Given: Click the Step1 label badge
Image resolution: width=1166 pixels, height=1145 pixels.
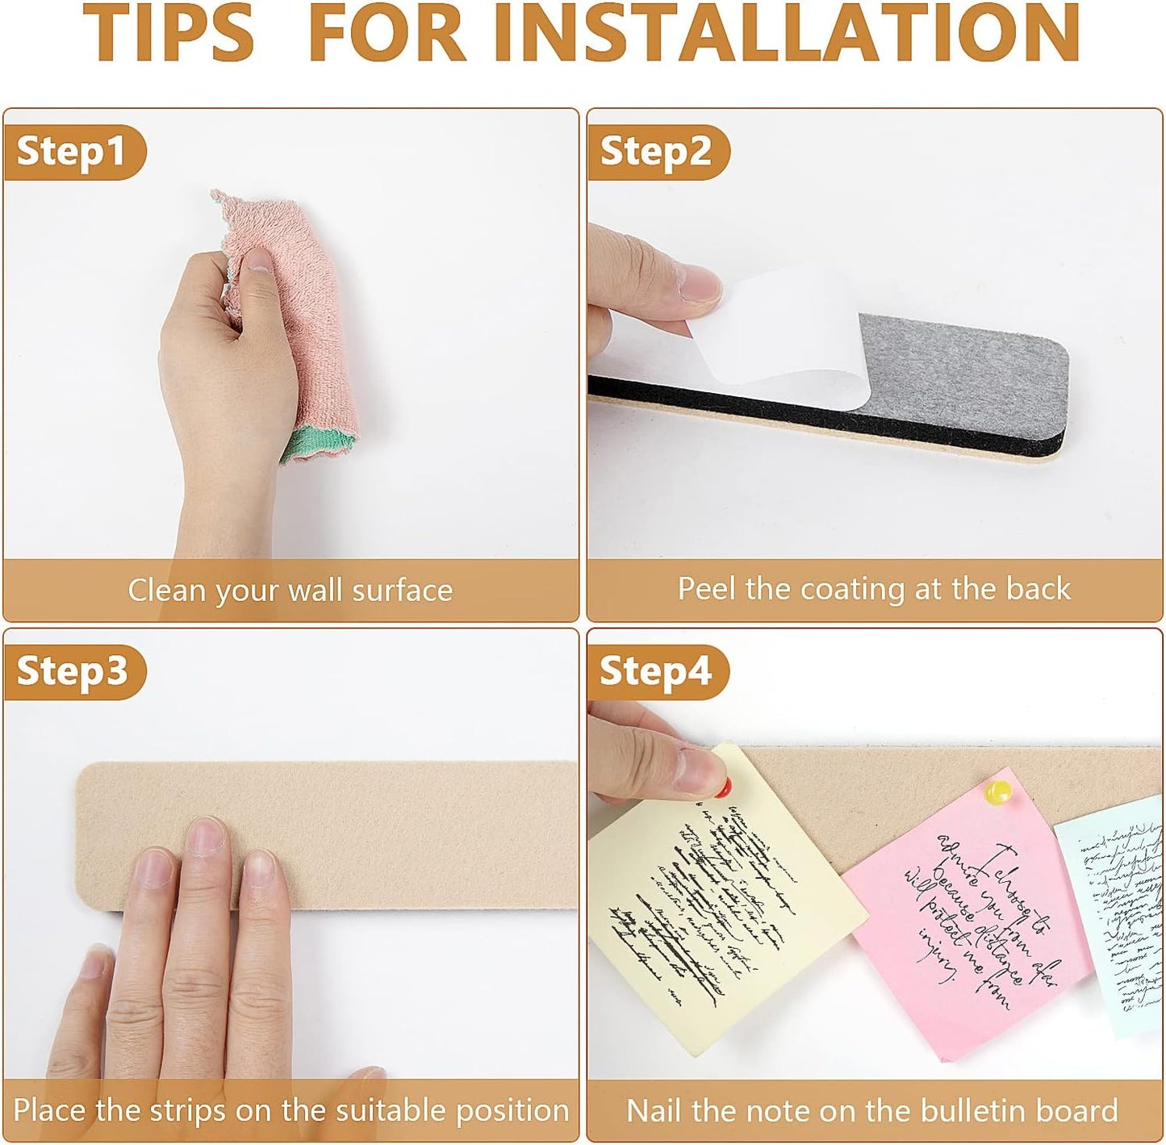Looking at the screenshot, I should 73,151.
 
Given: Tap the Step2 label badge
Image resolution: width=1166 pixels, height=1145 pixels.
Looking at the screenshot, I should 656,151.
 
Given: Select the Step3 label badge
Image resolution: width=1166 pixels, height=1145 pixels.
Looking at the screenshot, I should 73,671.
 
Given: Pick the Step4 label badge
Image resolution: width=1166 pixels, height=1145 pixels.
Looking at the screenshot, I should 656,671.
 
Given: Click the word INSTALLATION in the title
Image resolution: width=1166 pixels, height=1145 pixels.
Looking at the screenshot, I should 795,32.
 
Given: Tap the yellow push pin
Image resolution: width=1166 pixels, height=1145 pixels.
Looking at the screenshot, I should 999,791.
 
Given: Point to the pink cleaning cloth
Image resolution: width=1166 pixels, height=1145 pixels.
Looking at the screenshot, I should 303,323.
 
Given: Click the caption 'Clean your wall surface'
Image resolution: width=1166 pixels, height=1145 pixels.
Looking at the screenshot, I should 290,590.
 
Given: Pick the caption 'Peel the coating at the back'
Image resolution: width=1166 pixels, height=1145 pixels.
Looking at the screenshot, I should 874,588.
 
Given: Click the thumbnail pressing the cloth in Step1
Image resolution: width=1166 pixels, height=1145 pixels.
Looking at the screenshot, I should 259,260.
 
